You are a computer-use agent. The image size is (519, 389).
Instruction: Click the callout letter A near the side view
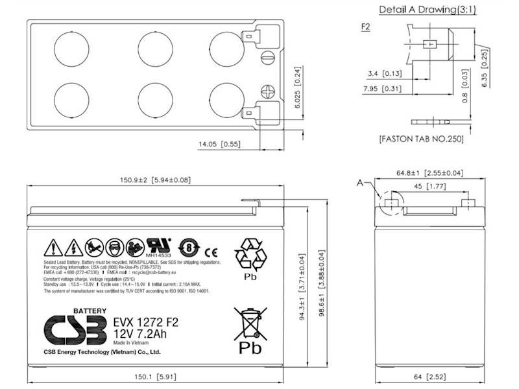pyautogui.click(x=359, y=184)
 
